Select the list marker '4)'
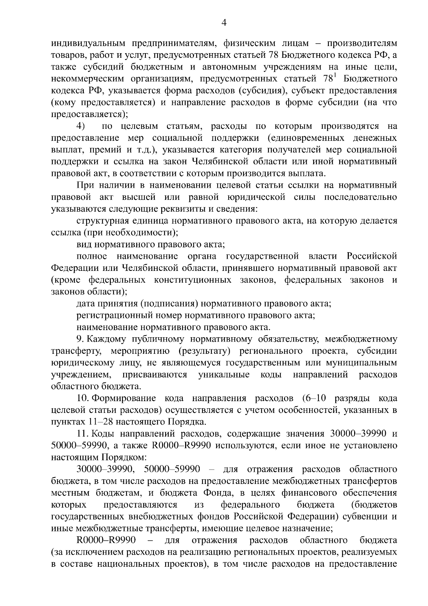pos(81,126)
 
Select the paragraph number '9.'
pos(80,339)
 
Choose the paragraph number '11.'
pos(83,434)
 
